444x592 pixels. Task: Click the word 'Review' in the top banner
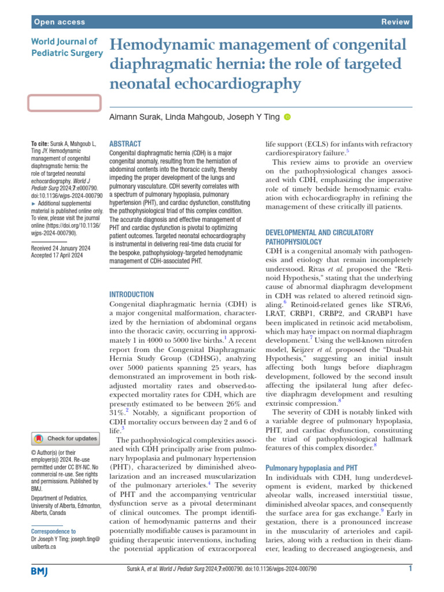point(395,22)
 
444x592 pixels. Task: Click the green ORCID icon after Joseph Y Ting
point(287,117)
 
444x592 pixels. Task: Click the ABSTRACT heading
point(125,143)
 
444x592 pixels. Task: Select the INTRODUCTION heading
point(131,294)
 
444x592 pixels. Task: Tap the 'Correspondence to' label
point(53,531)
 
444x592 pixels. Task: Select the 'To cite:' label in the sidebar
point(41,143)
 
